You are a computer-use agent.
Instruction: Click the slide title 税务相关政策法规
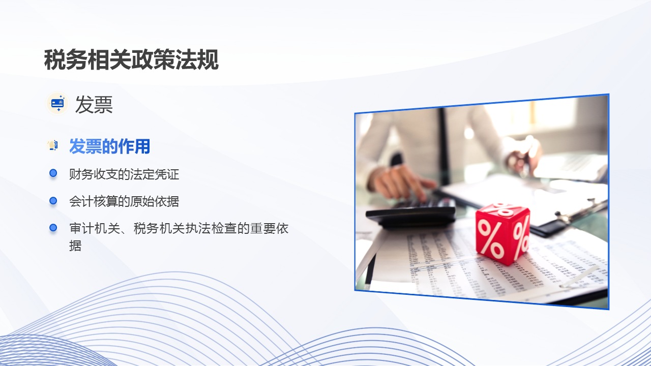[131, 60]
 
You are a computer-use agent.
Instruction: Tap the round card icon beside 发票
[57, 104]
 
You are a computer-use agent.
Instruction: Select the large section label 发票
[94, 105]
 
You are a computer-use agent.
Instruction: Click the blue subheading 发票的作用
[109, 146]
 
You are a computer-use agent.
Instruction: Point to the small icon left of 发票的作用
[52, 146]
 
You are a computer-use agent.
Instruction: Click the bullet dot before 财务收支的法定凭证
[53, 174]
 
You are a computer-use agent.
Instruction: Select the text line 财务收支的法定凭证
[124, 174]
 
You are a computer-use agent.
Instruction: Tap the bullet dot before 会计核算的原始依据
[53, 201]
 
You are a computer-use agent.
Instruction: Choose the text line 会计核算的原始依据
[124, 201]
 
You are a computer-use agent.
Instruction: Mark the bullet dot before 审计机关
[53, 228]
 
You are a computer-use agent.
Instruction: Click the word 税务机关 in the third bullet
[158, 228]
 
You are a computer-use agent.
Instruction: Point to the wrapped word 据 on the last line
[75, 246]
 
